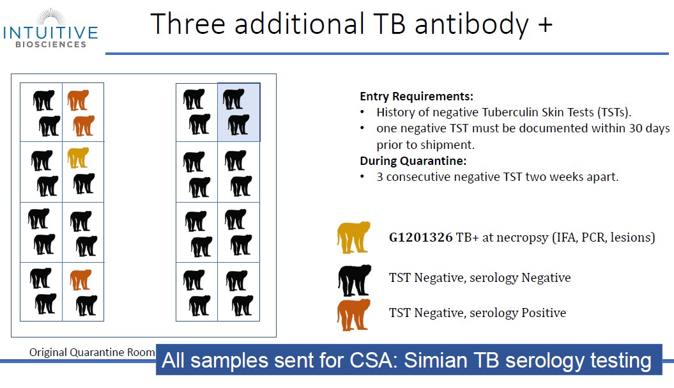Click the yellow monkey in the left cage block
click(x=78, y=157)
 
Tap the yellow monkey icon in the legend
click(x=353, y=237)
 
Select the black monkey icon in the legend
click(x=354, y=280)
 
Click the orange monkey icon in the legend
click(x=353, y=315)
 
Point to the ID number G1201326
click(x=420, y=237)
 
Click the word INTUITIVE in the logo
click(x=50, y=33)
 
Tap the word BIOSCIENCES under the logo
click(x=50, y=44)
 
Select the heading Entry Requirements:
click(x=416, y=97)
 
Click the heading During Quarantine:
click(x=413, y=161)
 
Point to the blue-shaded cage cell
click(x=238, y=113)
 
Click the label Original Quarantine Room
click(x=92, y=352)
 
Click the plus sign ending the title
click(x=545, y=24)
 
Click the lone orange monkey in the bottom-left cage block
click(x=80, y=279)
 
